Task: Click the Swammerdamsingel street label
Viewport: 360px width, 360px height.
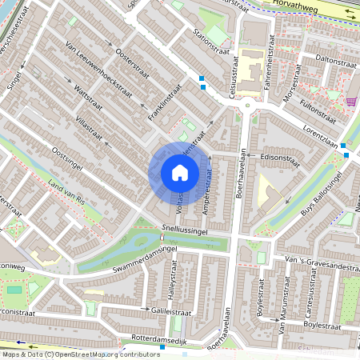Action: pyautogui.click(x=144, y=259)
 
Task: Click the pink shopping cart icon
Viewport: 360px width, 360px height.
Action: pyautogui.click(x=352, y=102)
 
